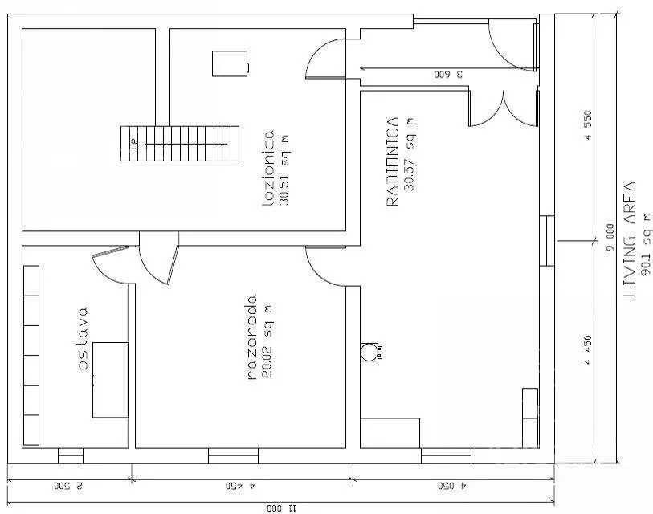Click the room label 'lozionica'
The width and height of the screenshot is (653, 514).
point(268,168)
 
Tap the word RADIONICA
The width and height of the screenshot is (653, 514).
point(393,161)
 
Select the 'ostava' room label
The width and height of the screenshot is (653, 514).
point(83,339)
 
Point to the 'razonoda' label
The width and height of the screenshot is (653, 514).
point(252,337)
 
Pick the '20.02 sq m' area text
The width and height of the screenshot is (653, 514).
point(267,341)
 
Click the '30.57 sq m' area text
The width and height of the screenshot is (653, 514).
point(410,154)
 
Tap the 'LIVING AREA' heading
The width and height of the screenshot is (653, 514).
point(629,239)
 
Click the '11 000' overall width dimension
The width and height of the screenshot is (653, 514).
point(281,508)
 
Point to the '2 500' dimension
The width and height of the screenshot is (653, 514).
point(68,486)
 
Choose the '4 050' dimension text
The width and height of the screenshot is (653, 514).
point(452,486)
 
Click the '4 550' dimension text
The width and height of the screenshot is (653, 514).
point(588,125)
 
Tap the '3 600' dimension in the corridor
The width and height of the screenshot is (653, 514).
point(448,75)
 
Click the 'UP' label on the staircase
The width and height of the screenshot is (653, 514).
point(134,145)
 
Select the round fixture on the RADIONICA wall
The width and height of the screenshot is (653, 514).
point(369,351)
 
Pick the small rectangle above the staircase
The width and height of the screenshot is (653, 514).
point(231,63)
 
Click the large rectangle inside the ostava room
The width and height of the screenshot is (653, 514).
point(110,380)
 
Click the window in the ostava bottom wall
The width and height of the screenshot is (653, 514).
point(71,456)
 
